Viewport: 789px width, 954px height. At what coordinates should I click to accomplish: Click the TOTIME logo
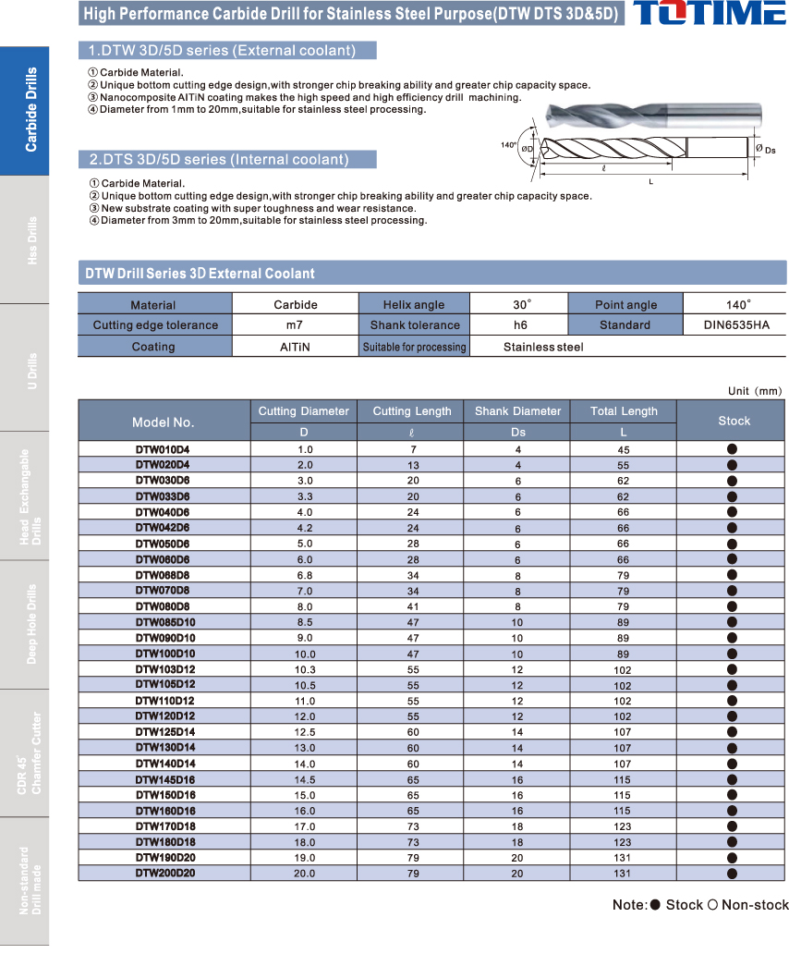(x=710, y=14)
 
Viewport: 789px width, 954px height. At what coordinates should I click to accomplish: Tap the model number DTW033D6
(x=163, y=496)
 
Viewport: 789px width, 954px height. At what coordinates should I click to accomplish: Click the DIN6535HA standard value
(x=734, y=325)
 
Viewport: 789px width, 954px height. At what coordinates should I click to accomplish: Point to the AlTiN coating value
(x=295, y=347)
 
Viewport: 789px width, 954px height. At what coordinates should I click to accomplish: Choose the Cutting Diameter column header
(x=303, y=411)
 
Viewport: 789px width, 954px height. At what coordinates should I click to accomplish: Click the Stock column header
(x=734, y=421)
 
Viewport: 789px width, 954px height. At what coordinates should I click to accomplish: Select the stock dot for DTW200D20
(x=732, y=873)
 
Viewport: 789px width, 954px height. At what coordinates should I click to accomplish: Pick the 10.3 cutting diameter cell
(x=304, y=669)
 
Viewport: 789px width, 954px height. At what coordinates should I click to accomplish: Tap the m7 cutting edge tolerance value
(x=295, y=325)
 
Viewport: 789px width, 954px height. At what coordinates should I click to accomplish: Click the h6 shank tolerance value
(x=520, y=325)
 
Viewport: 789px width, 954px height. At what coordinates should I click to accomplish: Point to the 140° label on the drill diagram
(x=508, y=145)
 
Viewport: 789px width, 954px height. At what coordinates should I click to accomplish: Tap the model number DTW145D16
(x=165, y=779)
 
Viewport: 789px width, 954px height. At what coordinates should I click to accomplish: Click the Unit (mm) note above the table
(x=754, y=391)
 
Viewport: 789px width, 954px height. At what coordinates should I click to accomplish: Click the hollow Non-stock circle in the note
(x=712, y=904)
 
